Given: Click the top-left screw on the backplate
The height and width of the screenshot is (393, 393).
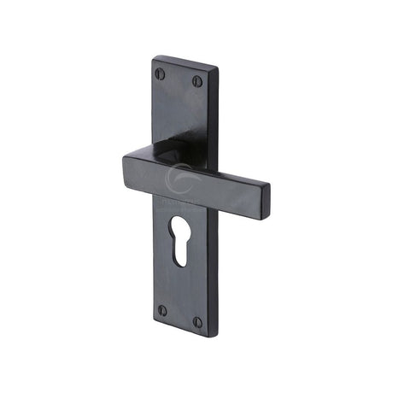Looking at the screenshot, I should (160, 72).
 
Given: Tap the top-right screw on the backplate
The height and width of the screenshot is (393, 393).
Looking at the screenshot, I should (196, 81).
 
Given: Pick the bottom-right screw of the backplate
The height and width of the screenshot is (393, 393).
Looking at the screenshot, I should (197, 322).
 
